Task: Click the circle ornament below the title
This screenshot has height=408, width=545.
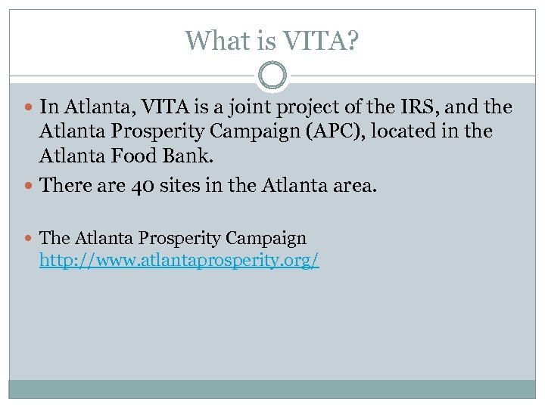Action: [x=272, y=76]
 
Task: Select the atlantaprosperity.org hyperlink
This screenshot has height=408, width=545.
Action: [x=179, y=261]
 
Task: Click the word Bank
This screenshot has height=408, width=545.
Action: [x=190, y=156]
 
